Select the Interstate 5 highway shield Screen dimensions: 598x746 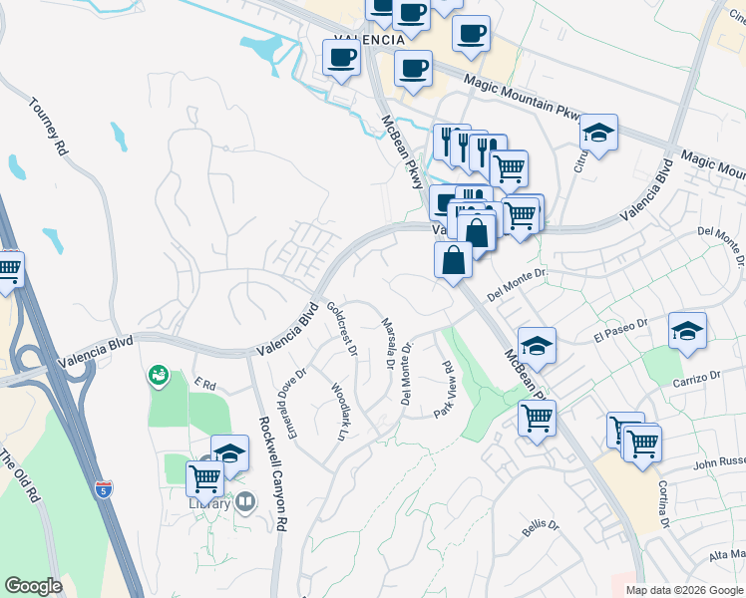pos(105,488)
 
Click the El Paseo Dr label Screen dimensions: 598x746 pos(620,329)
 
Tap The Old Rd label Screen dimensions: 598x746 pos(19,476)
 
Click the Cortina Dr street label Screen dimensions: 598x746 pos(662,504)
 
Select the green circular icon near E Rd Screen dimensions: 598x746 pos(158,376)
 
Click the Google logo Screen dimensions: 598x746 pos(33,585)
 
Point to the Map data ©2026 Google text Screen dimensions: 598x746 pos(684,590)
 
